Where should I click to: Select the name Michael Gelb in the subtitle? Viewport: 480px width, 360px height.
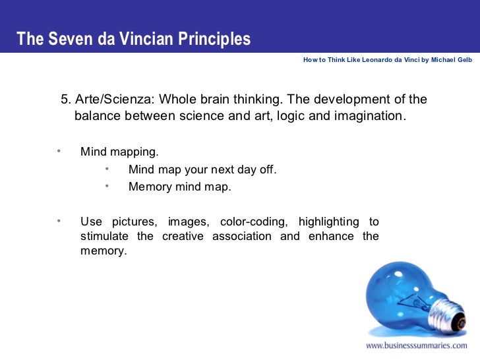[x=452, y=59]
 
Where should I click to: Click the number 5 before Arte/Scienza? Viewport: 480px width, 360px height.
[x=65, y=100]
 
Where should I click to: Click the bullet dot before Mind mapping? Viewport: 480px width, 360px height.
[x=59, y=151]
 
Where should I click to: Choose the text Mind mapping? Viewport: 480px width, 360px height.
[x=119, y=152]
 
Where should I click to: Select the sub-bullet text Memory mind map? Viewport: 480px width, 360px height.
[x=180, y=187]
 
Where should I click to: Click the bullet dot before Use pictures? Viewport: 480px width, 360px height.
[x=59, y=220]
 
